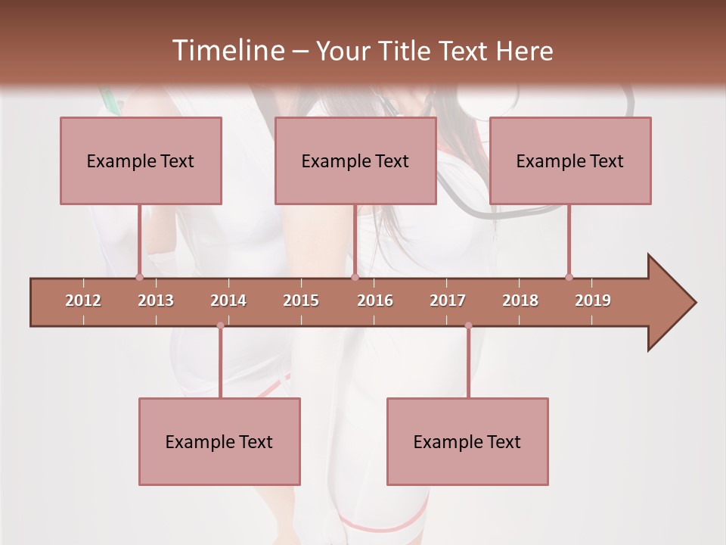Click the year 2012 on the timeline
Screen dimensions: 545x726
point(83,301)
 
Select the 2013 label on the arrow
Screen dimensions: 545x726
point(156,301)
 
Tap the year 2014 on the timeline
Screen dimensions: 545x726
point(228,301)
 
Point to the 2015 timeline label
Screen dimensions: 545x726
point(301,301)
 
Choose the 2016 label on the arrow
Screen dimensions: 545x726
point(375,301)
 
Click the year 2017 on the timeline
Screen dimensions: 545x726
point(448,301)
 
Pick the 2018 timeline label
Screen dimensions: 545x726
point(520,301)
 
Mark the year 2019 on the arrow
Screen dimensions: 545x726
point(593,301)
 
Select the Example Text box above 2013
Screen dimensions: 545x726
point(141,160)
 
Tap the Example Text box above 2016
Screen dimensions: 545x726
point(355,160)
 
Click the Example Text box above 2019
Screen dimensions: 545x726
point(570,160)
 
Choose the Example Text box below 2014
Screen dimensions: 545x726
point(219,441)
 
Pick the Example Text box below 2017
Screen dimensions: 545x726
point(467,441)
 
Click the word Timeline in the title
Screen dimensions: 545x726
point(227,51)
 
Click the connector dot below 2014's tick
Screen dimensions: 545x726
point(220,325)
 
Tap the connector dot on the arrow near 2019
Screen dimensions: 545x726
point(569,277)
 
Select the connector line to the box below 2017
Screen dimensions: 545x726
point(468,363)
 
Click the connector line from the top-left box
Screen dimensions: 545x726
point(139,240)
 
